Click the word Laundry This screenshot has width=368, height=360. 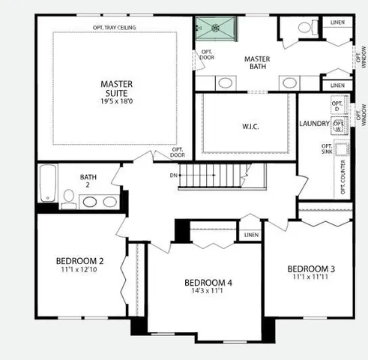click(314, 123)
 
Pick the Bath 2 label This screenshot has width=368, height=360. click(88, 181)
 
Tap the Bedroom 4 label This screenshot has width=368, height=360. click(208, 283)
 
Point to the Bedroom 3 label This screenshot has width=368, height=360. click(310, 268)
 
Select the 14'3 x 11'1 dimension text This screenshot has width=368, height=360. click(208, 292)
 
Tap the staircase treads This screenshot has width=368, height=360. click(211, 177)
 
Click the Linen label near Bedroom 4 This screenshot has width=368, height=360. click(250, 235)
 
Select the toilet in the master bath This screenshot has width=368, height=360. click(305, 27)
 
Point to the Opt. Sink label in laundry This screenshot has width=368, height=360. click(327, 150)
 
